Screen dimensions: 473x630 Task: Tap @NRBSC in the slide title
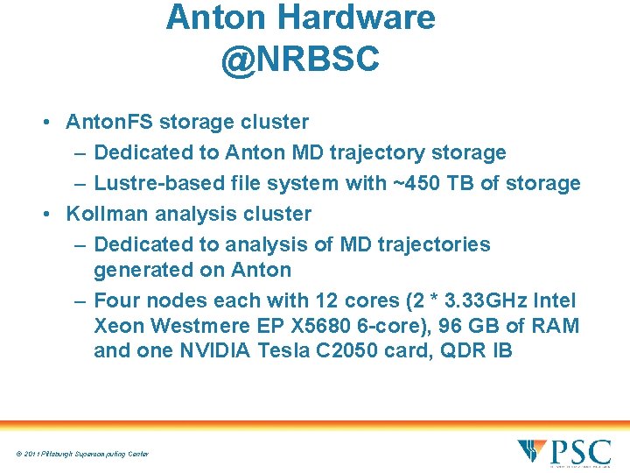tap(300, 59)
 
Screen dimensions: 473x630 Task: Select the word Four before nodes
tap(119, 300)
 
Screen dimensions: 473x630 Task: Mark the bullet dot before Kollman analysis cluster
tap(45, 213)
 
